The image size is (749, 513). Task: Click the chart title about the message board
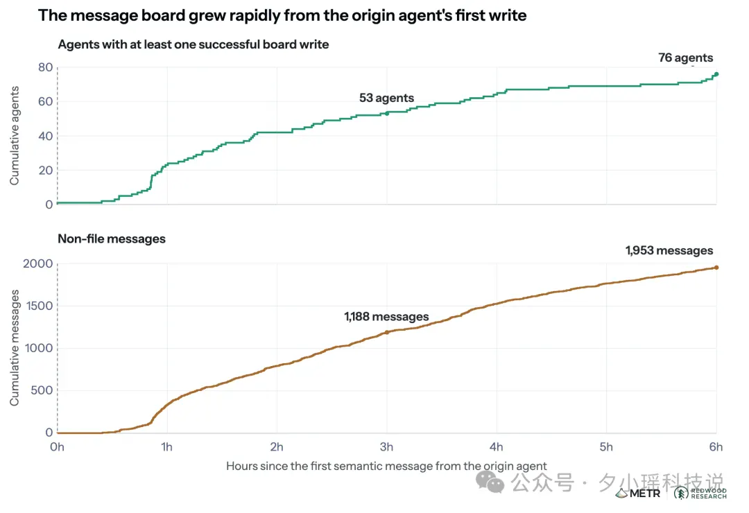pyautogui.click(x=282, y=15)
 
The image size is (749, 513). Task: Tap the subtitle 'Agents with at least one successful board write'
pyautogui.click(x=193, y=44)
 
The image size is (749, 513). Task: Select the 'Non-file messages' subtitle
pyautogui.click(x=112, y=239)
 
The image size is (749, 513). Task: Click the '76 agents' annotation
pyautogui.click(x=685, y=58)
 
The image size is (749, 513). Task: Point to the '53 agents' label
pyautogui.click(x=386, y=98)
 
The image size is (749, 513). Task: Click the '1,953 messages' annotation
pyautogui.click(x=669, y=250)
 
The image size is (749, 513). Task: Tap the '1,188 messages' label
pyautogui.click(x=386, y=317)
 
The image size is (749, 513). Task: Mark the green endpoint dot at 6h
pyautogui.click(x=716, y=74)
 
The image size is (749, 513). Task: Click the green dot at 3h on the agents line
pyautogui.click(x=387, y=113)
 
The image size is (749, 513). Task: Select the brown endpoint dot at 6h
pyautogui.click(x=716, y=268)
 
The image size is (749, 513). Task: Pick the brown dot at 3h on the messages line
pyautogui.click(x=387, y=332)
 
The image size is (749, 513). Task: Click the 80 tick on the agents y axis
pyautogui.click(x=45, y=67)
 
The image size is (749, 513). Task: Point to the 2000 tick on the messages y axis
pyautogui.click(x=37, y=263)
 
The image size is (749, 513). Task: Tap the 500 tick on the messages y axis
pyautogui.click(x=42, y=390)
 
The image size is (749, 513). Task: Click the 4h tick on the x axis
pyautogui.click(x=497, y=447)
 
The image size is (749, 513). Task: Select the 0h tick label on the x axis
pyautogui.click(x=58, y=447)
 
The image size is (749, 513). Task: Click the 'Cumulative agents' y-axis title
pyautogui.click(x=15, y=136)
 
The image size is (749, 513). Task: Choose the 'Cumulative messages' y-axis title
pyautogui.click(x=15, y=348)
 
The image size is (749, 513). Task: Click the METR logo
pyautogui.click(x=638, y=494)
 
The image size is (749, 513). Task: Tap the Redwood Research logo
pyautogui.click(x=700, y=494)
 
